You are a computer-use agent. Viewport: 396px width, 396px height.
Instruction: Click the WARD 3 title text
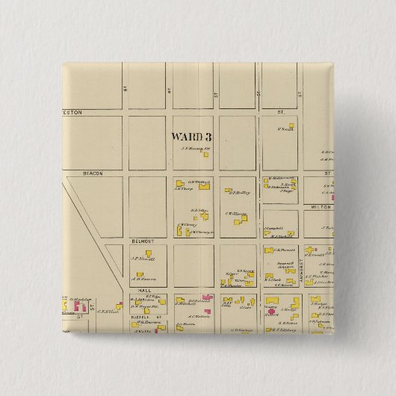pos(191,137)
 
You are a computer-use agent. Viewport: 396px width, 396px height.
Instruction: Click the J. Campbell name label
pos(272,226)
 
